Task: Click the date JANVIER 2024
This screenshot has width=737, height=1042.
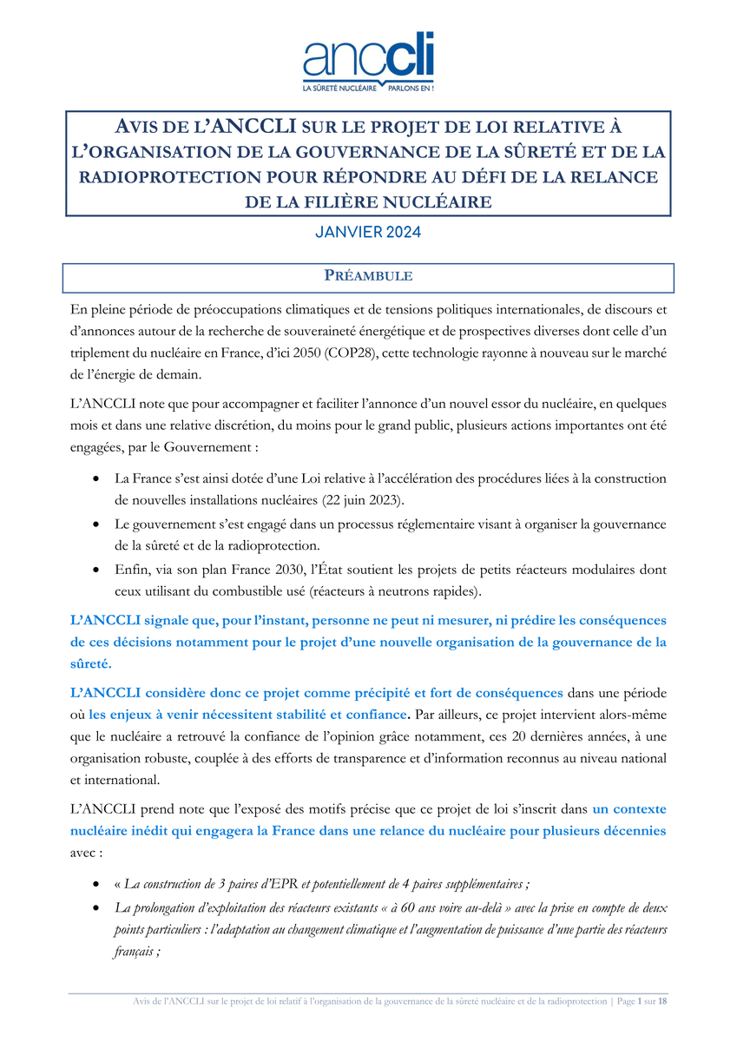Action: click(368, 233)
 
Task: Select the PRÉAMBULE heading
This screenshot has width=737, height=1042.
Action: click(368, 277)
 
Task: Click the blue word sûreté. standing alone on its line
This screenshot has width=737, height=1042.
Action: click(90, 664)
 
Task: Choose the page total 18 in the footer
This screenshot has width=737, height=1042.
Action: click(662, 1001)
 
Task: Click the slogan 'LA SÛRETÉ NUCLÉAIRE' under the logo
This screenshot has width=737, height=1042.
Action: click(339, 89)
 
